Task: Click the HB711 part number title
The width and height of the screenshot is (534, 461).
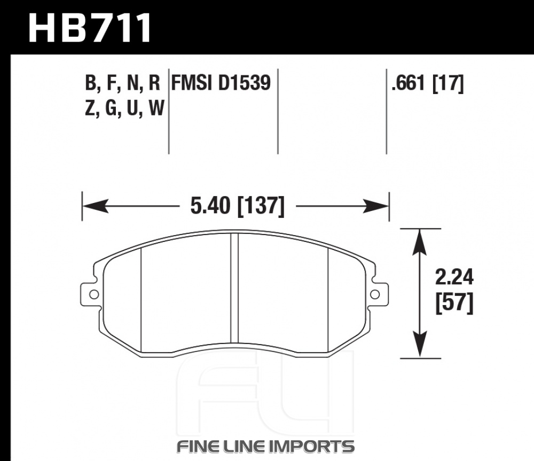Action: click(x=90, y=28)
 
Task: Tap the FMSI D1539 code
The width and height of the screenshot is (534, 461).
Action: click(x=221, y=83)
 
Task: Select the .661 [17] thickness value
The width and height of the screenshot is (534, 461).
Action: click(x=428, y=83)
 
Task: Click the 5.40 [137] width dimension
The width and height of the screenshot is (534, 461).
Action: click(x=237, y=206)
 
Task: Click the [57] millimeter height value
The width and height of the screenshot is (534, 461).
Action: click(x=454, y=303)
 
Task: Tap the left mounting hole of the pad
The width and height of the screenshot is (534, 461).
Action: click(x=95, y=294)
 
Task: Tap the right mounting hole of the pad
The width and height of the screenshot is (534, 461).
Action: click(x=375, y=294)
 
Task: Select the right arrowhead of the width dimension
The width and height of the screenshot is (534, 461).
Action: click(x=375, y=206)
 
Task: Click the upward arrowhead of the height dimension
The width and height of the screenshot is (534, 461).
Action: click(x=420, y=242)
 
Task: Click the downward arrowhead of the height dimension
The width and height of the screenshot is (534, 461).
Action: click(x=420, y=345)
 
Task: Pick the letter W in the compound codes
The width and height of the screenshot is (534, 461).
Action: click(x=156, y=108)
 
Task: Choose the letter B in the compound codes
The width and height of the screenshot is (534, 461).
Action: click(x=90, y=83)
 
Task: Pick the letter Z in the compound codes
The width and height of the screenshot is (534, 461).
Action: click(x=90, y=108)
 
